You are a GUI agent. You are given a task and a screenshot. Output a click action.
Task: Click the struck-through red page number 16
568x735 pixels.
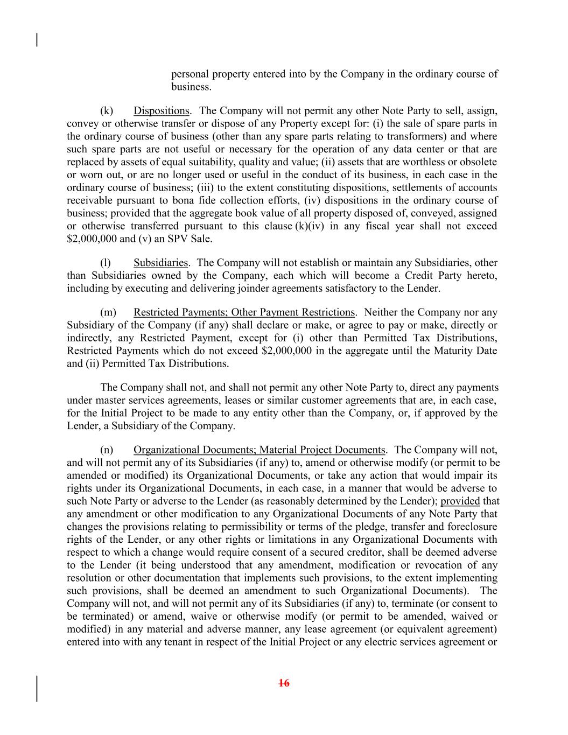click(284, 683)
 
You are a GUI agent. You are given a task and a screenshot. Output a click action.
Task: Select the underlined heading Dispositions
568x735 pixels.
click(162, 111)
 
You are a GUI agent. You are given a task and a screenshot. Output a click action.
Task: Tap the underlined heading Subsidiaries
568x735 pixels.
click(160, 263)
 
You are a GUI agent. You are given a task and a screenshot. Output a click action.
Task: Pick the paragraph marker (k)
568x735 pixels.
click(107, 111)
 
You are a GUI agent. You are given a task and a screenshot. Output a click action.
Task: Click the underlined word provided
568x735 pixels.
click(460, 501)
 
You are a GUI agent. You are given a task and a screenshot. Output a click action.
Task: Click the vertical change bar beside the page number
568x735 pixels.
click(37, 688)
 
